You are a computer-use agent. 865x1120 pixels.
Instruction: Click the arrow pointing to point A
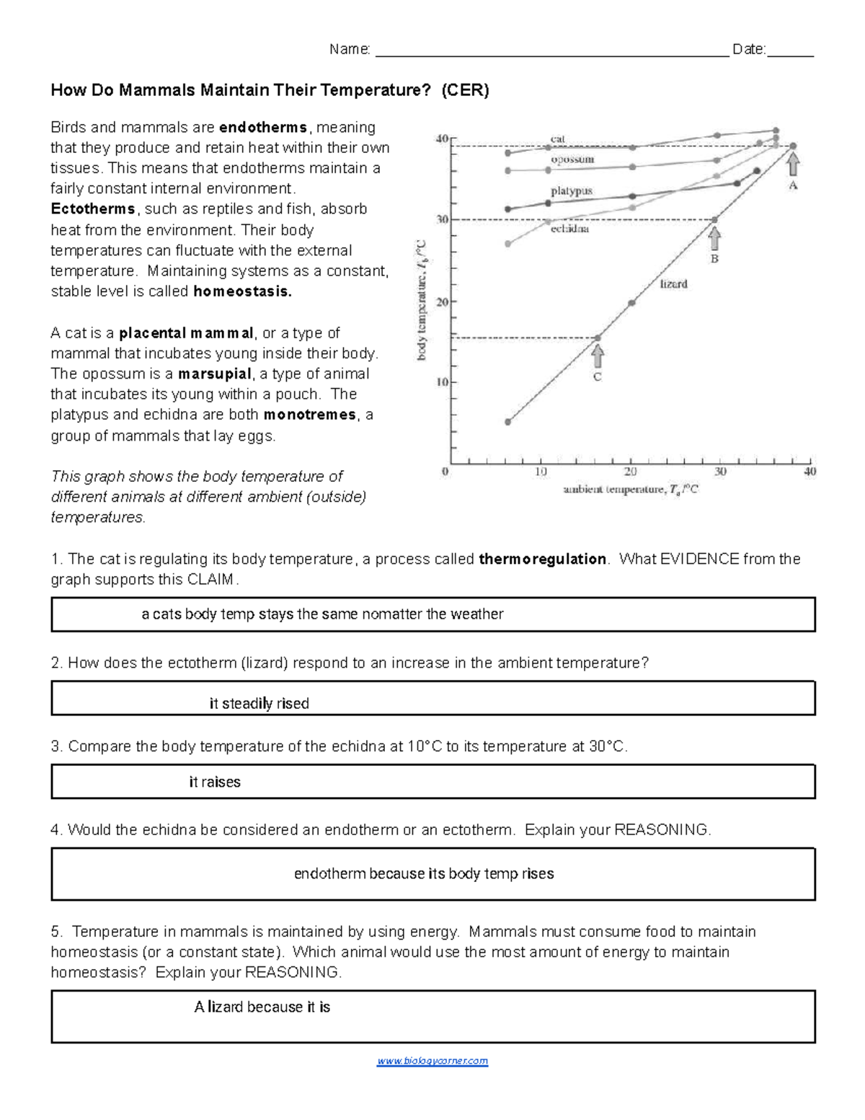point(793,165)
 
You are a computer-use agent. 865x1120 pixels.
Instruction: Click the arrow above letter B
point(714,239)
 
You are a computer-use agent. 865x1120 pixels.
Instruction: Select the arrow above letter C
point(598,356)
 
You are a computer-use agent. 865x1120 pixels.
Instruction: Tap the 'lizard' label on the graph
point(674,284)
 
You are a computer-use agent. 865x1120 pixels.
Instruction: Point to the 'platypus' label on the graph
point(572,191)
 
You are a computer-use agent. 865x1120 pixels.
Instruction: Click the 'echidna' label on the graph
point(569,229)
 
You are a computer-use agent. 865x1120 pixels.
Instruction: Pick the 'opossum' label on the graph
point(572,159)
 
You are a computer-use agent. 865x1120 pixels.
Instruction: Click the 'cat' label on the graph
point(558,138)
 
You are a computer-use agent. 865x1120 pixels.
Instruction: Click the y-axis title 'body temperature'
point(422,299)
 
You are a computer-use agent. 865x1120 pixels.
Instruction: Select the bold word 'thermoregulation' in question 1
point(542,559)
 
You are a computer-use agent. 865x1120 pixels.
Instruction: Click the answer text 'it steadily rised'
point(259,704)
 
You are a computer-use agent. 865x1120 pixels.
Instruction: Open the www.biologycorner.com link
point(432,1061)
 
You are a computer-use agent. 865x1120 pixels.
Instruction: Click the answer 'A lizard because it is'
point(262,1007)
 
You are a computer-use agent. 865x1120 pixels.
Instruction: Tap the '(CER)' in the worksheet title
point(465,90)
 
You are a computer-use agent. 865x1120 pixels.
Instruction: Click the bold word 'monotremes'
point(310,415)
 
